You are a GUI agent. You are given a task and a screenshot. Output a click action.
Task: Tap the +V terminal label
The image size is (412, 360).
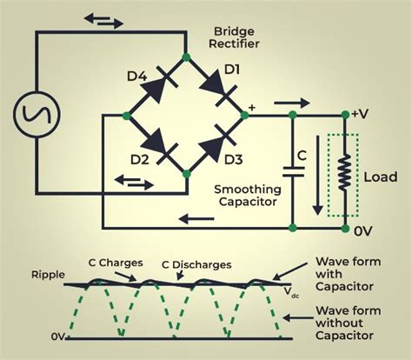click(363, 114)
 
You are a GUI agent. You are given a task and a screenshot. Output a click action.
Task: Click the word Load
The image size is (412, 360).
click(380, 177)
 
